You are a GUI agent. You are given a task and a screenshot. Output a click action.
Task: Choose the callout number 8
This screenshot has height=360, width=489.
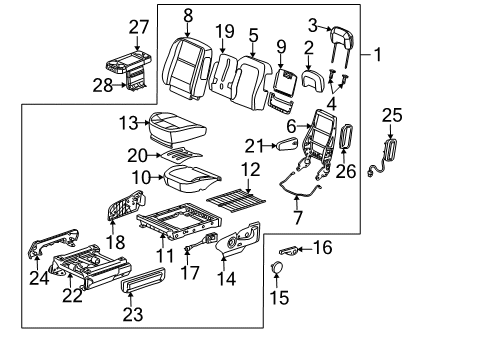pos(187,16)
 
